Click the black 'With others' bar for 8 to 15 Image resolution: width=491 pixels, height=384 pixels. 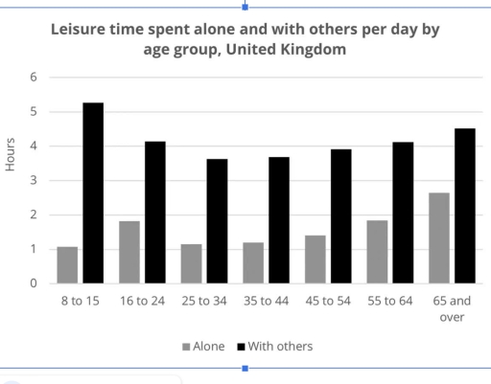tap(93, 192)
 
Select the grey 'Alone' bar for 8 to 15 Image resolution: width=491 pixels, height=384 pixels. tap(67, 265)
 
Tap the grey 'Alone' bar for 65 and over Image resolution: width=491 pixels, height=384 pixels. tap(438, 237)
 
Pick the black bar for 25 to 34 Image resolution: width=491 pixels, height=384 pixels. tap(217, 221)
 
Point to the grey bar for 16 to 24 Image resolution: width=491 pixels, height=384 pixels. tap(129, 252)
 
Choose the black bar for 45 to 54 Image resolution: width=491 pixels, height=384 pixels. tap(340, 216)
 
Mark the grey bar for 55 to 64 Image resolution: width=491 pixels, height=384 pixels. tap(377, 252)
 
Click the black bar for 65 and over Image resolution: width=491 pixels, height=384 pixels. tap(464, 206)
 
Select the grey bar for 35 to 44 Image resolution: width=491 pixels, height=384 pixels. tap(253, 262)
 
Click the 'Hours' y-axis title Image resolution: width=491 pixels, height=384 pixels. tap(11, 156)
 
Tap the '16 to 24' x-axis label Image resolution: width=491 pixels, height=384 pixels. tap(142, 301)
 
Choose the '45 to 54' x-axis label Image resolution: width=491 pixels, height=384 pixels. tap(328, 301)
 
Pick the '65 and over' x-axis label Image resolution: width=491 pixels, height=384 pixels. tap(451, 308)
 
